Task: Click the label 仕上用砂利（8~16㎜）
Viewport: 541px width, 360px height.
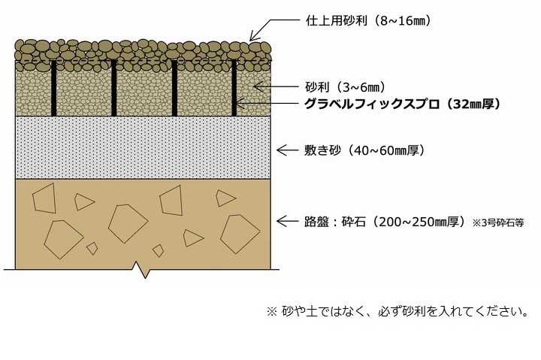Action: pyautogui.click(x=368, y=21)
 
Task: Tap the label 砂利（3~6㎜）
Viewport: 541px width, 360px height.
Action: pyautogui.click(x=345, y=87)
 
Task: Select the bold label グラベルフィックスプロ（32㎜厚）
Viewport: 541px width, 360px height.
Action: pyautogui.click(x=402, y=104)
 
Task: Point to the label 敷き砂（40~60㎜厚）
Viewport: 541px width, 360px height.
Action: pyautogui.click(x=364, y=150)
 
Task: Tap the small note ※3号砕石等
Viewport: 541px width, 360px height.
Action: pyautogui.click(x=498, y=223)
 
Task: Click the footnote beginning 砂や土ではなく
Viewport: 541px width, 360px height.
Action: pyautogui.click(x=397, y=311)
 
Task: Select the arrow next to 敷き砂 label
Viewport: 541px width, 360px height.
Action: pyautogui.click(x=287, y=150)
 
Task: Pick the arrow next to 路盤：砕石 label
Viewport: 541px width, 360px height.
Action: pyautogui.click(x=287, y=221)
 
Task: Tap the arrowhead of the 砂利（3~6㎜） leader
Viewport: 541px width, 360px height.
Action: pyautogui.click(x=256, y=86)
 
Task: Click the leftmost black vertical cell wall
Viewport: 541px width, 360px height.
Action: pyautogui.click(x=53, y=89)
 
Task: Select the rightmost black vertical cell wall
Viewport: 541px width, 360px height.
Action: pyautogui.click(x=234, y=89)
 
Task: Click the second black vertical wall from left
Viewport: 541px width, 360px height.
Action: pyautogui.click(x=114, y=89)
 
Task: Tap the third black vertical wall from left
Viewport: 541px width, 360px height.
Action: pyautogui.click(x=174, y=89)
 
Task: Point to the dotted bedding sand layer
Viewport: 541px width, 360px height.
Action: pyautogui.click(x=143, y=147)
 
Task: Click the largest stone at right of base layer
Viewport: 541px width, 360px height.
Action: pyautogui.click(x=240, y=234)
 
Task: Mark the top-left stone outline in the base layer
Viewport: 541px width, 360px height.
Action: pyautogui.click(x=44, y=198)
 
